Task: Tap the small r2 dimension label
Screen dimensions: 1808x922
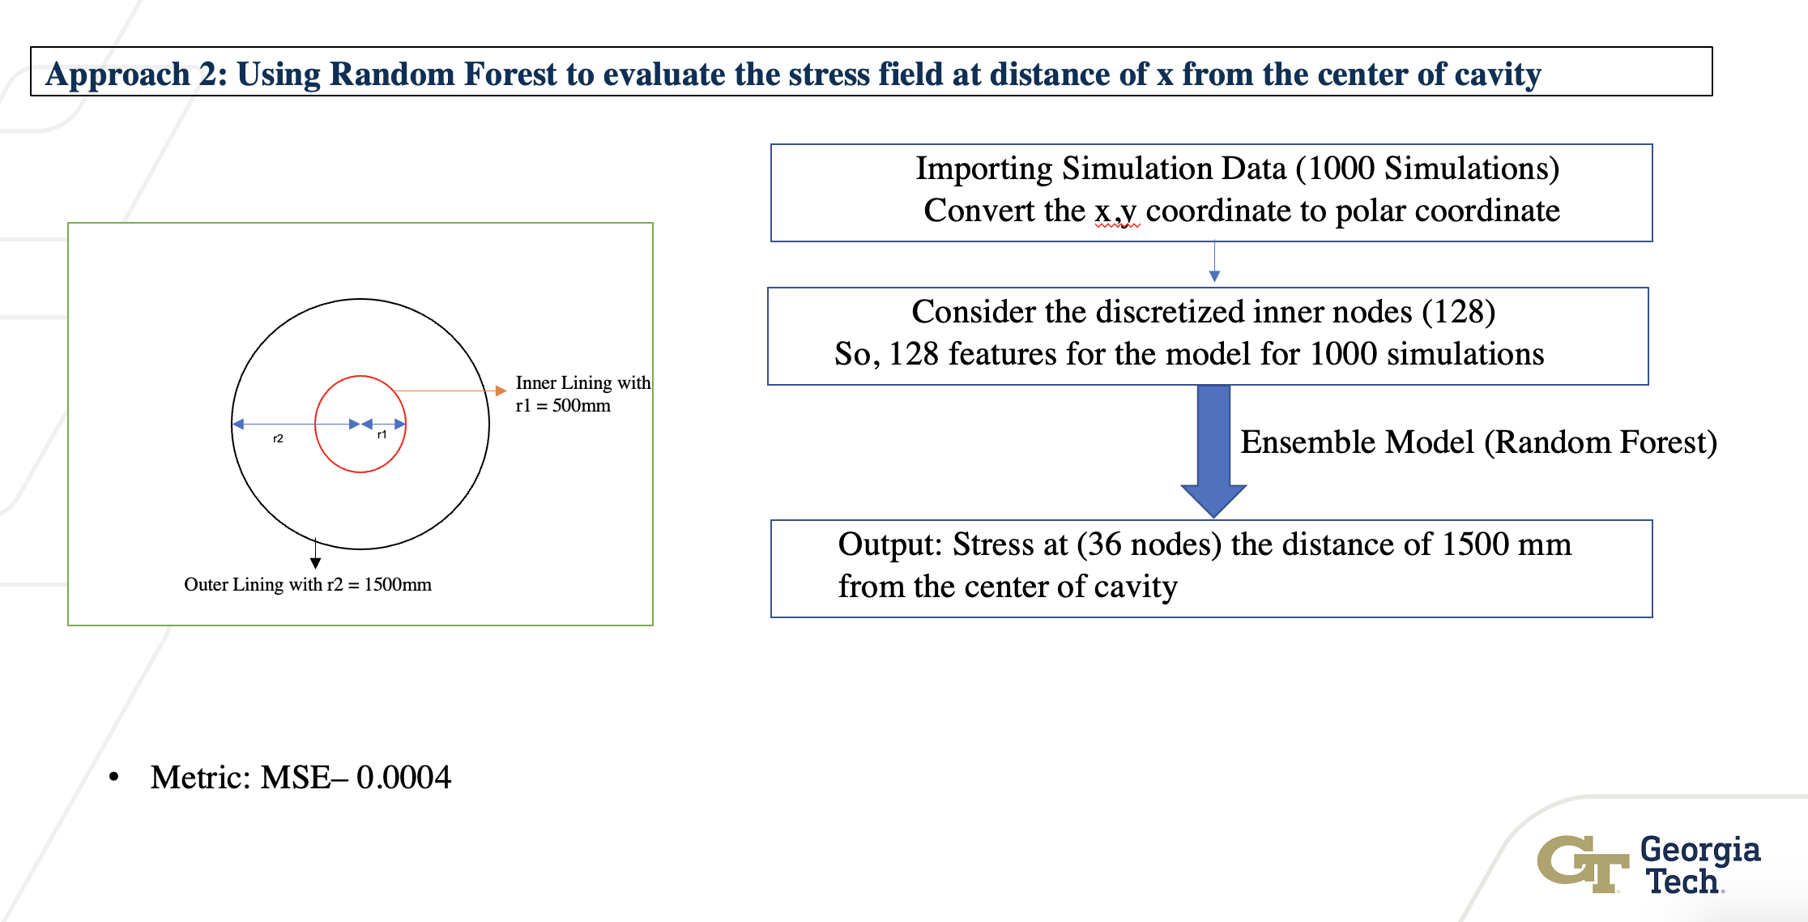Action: point(278,438)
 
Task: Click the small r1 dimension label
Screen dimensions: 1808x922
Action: point(382,435)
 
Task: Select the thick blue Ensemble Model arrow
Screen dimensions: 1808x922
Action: point(1213,450)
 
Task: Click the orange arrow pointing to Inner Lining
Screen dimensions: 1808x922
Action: point(450,391)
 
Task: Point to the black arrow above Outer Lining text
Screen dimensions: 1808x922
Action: point(315,553)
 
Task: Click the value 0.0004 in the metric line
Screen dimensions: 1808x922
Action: point(403,777)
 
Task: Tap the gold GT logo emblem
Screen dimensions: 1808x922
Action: point(1583,864)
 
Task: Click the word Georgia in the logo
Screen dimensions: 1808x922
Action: point(1700,850)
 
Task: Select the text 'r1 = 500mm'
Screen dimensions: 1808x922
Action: point(563,405)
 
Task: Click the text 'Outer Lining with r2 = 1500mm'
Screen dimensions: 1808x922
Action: point(308,584)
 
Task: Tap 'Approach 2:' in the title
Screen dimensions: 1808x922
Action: point(137,74)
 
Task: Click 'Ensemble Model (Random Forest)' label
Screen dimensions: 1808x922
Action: point(1479,442)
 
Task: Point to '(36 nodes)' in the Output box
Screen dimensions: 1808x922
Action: point(1149,544)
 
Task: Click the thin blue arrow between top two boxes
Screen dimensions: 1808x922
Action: point(1214,261)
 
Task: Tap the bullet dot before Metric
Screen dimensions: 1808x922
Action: point(114,778)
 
